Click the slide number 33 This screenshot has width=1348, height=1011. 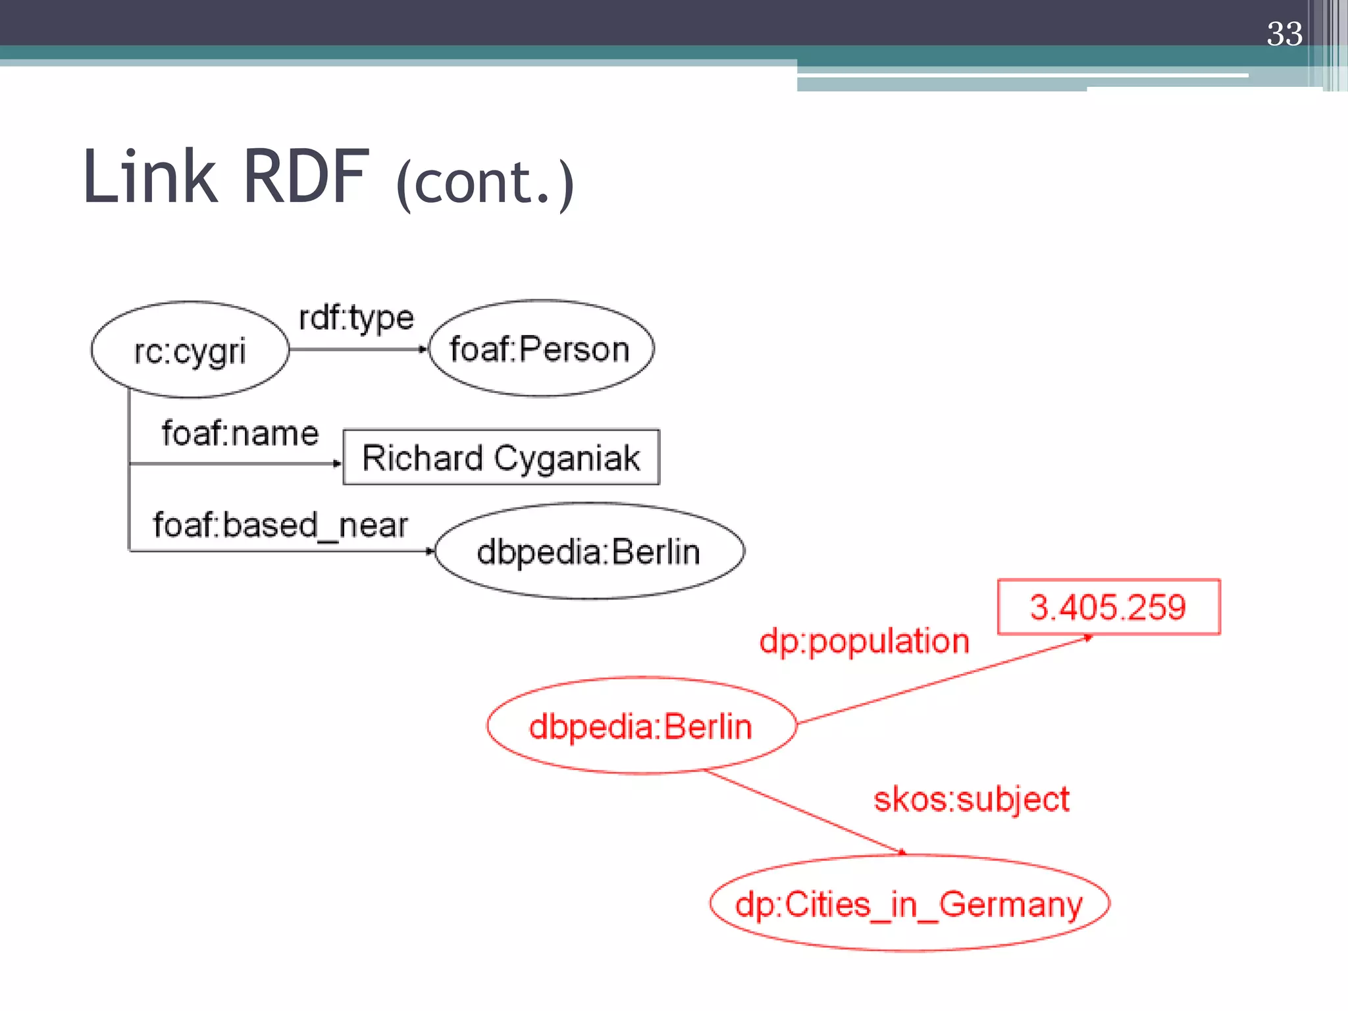[x=1284, y=34]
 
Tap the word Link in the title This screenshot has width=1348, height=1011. [x=150, y=176]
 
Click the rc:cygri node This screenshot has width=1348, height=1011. [x=190, y=350]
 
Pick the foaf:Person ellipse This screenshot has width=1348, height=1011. [x=540, y=349]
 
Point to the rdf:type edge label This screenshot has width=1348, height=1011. [x=356, y=319]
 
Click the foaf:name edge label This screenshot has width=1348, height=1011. [x=240, y=434]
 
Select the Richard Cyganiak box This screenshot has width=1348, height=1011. [x=501, y=457]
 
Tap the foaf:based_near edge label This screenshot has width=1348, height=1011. [x=280, y=525]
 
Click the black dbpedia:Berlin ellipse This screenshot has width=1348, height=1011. [x=589, y=552]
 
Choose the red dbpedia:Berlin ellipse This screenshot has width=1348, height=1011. [x=640, y=727]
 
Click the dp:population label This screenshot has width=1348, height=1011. [x=864, y=641]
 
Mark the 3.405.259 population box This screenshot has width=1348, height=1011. [x=1108, y=607]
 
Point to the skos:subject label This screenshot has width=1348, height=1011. [x=971, y=800]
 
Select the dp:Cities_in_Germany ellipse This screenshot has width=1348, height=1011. [x=909, y=904]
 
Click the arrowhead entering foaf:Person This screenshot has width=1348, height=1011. [x=424, y=350]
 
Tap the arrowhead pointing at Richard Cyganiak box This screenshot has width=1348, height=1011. [x=338, y=464]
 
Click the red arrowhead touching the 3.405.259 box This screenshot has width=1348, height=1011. [x=1087, y=637]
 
